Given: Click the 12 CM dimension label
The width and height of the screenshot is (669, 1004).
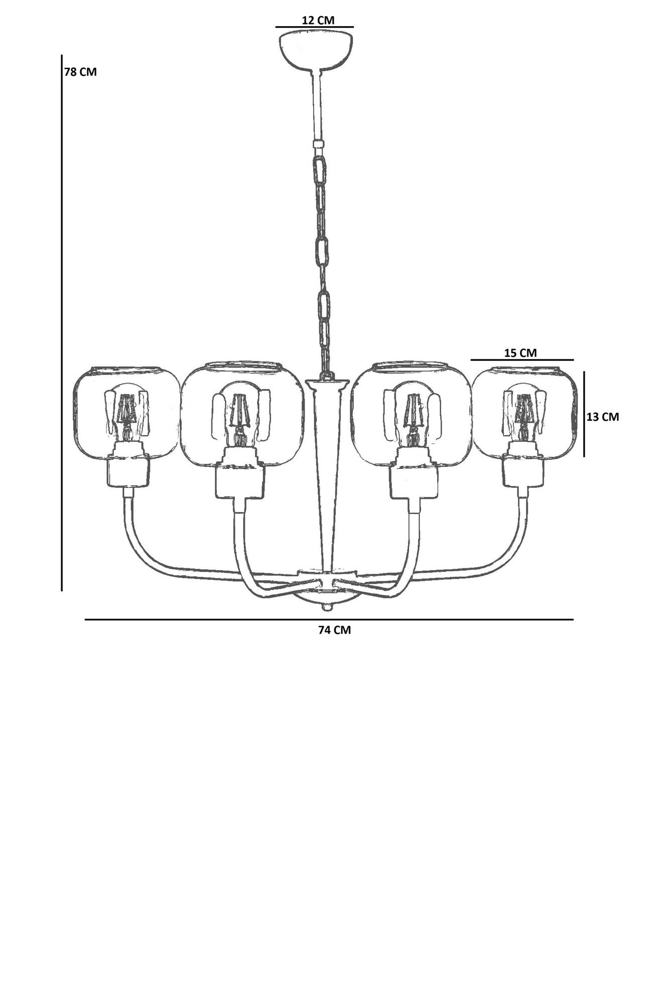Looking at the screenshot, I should pos(318,20).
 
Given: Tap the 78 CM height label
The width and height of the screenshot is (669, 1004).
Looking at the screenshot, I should pos(80,72).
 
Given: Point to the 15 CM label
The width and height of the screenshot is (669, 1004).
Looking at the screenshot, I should pos(520,353).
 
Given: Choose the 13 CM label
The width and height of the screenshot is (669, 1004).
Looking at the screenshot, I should pos(603,417).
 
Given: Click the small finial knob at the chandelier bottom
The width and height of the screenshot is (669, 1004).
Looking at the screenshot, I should pos(327,608).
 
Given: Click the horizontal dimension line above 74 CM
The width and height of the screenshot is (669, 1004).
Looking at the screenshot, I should pos(329,619).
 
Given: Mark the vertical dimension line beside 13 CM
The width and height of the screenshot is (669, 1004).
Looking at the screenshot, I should pos(584,414).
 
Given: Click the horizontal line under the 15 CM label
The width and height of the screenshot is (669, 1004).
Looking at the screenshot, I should pos(522,360).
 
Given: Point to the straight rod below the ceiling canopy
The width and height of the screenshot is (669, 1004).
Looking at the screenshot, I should pos(318,105).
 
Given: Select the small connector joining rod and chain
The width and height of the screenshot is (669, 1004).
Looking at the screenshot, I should pos(318,145).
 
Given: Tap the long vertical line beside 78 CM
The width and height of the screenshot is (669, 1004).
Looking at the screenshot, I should pos(62,321).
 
